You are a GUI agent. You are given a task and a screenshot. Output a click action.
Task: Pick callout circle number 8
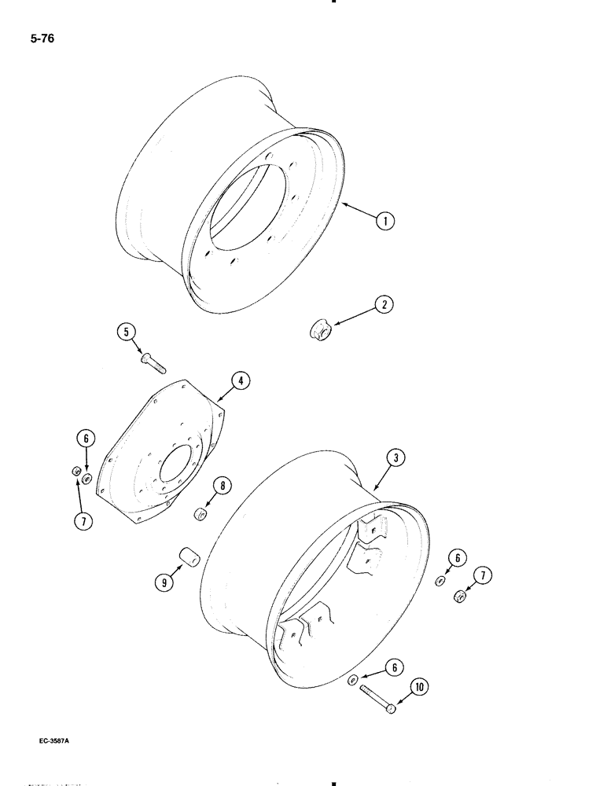click(x=224, y=487)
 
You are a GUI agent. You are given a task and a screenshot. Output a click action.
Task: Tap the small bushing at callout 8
click(x=200, y=515)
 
